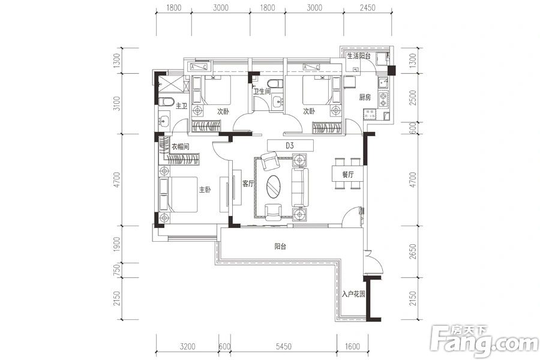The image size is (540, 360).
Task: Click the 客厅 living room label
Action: [248, 184]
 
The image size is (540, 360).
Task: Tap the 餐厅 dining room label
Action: [348, 175]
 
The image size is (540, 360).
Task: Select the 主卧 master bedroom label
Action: [205, 190]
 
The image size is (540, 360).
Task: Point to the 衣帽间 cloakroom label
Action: [181, 147]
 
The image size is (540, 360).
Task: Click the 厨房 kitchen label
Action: [365, 97]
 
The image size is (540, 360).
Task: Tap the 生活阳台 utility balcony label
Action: [359, 56]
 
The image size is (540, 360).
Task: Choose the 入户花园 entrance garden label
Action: [353, 295]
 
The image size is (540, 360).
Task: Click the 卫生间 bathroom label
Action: [262, 91]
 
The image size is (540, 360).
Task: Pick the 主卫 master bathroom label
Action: [181, 106]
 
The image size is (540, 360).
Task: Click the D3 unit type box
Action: [290, 146]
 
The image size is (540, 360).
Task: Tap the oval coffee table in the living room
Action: [274, 187]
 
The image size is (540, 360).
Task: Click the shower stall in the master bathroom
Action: [171, 84]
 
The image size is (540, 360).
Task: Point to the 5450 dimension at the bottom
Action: [283, 346]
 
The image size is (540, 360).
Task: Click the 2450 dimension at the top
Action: [367, 8]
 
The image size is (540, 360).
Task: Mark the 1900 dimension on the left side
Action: [117, 244]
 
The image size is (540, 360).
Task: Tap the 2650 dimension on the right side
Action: [413, 251]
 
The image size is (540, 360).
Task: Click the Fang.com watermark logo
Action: [484, 341]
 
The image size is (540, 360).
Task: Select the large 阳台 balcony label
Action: [280, 247]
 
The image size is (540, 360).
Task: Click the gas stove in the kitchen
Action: [383, 99]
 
